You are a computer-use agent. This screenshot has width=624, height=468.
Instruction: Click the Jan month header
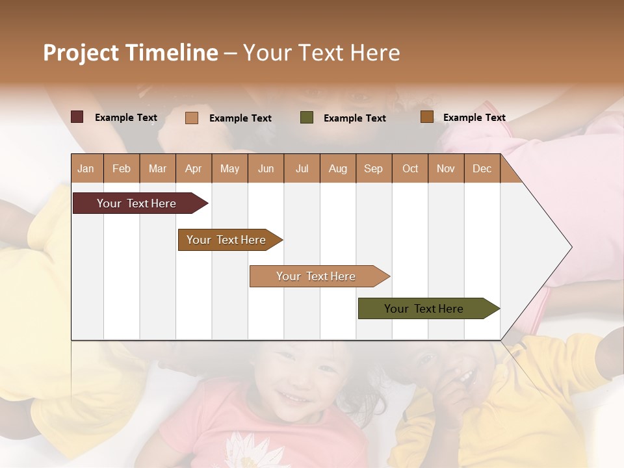tap(86, 168)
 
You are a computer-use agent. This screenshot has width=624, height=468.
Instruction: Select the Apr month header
tap(194, 168)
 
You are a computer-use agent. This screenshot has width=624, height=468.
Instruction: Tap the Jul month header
tap(302, 168)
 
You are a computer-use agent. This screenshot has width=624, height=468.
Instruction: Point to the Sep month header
tap(373, 168)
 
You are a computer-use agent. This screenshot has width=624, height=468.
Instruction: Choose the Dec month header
tap(482, 168)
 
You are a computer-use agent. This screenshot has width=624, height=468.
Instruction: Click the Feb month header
tap(122, 168)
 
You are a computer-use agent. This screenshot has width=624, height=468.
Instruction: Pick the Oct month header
tap(409, 168)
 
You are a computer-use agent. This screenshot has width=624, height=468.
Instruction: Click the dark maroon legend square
tap(77, 117)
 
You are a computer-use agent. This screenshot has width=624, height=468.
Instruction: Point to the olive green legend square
tap(307, 117)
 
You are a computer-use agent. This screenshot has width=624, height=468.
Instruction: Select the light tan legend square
tap(191, 118)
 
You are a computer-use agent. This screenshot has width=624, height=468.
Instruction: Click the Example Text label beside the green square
tap(354, 118)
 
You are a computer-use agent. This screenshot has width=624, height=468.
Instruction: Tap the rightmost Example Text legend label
tap(474, 117)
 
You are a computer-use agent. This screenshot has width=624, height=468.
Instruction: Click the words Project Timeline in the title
tap(131, 53)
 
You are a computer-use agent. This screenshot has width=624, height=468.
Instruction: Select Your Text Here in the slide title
tap(322, 53)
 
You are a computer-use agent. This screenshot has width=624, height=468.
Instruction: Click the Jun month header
tap(266, 168)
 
